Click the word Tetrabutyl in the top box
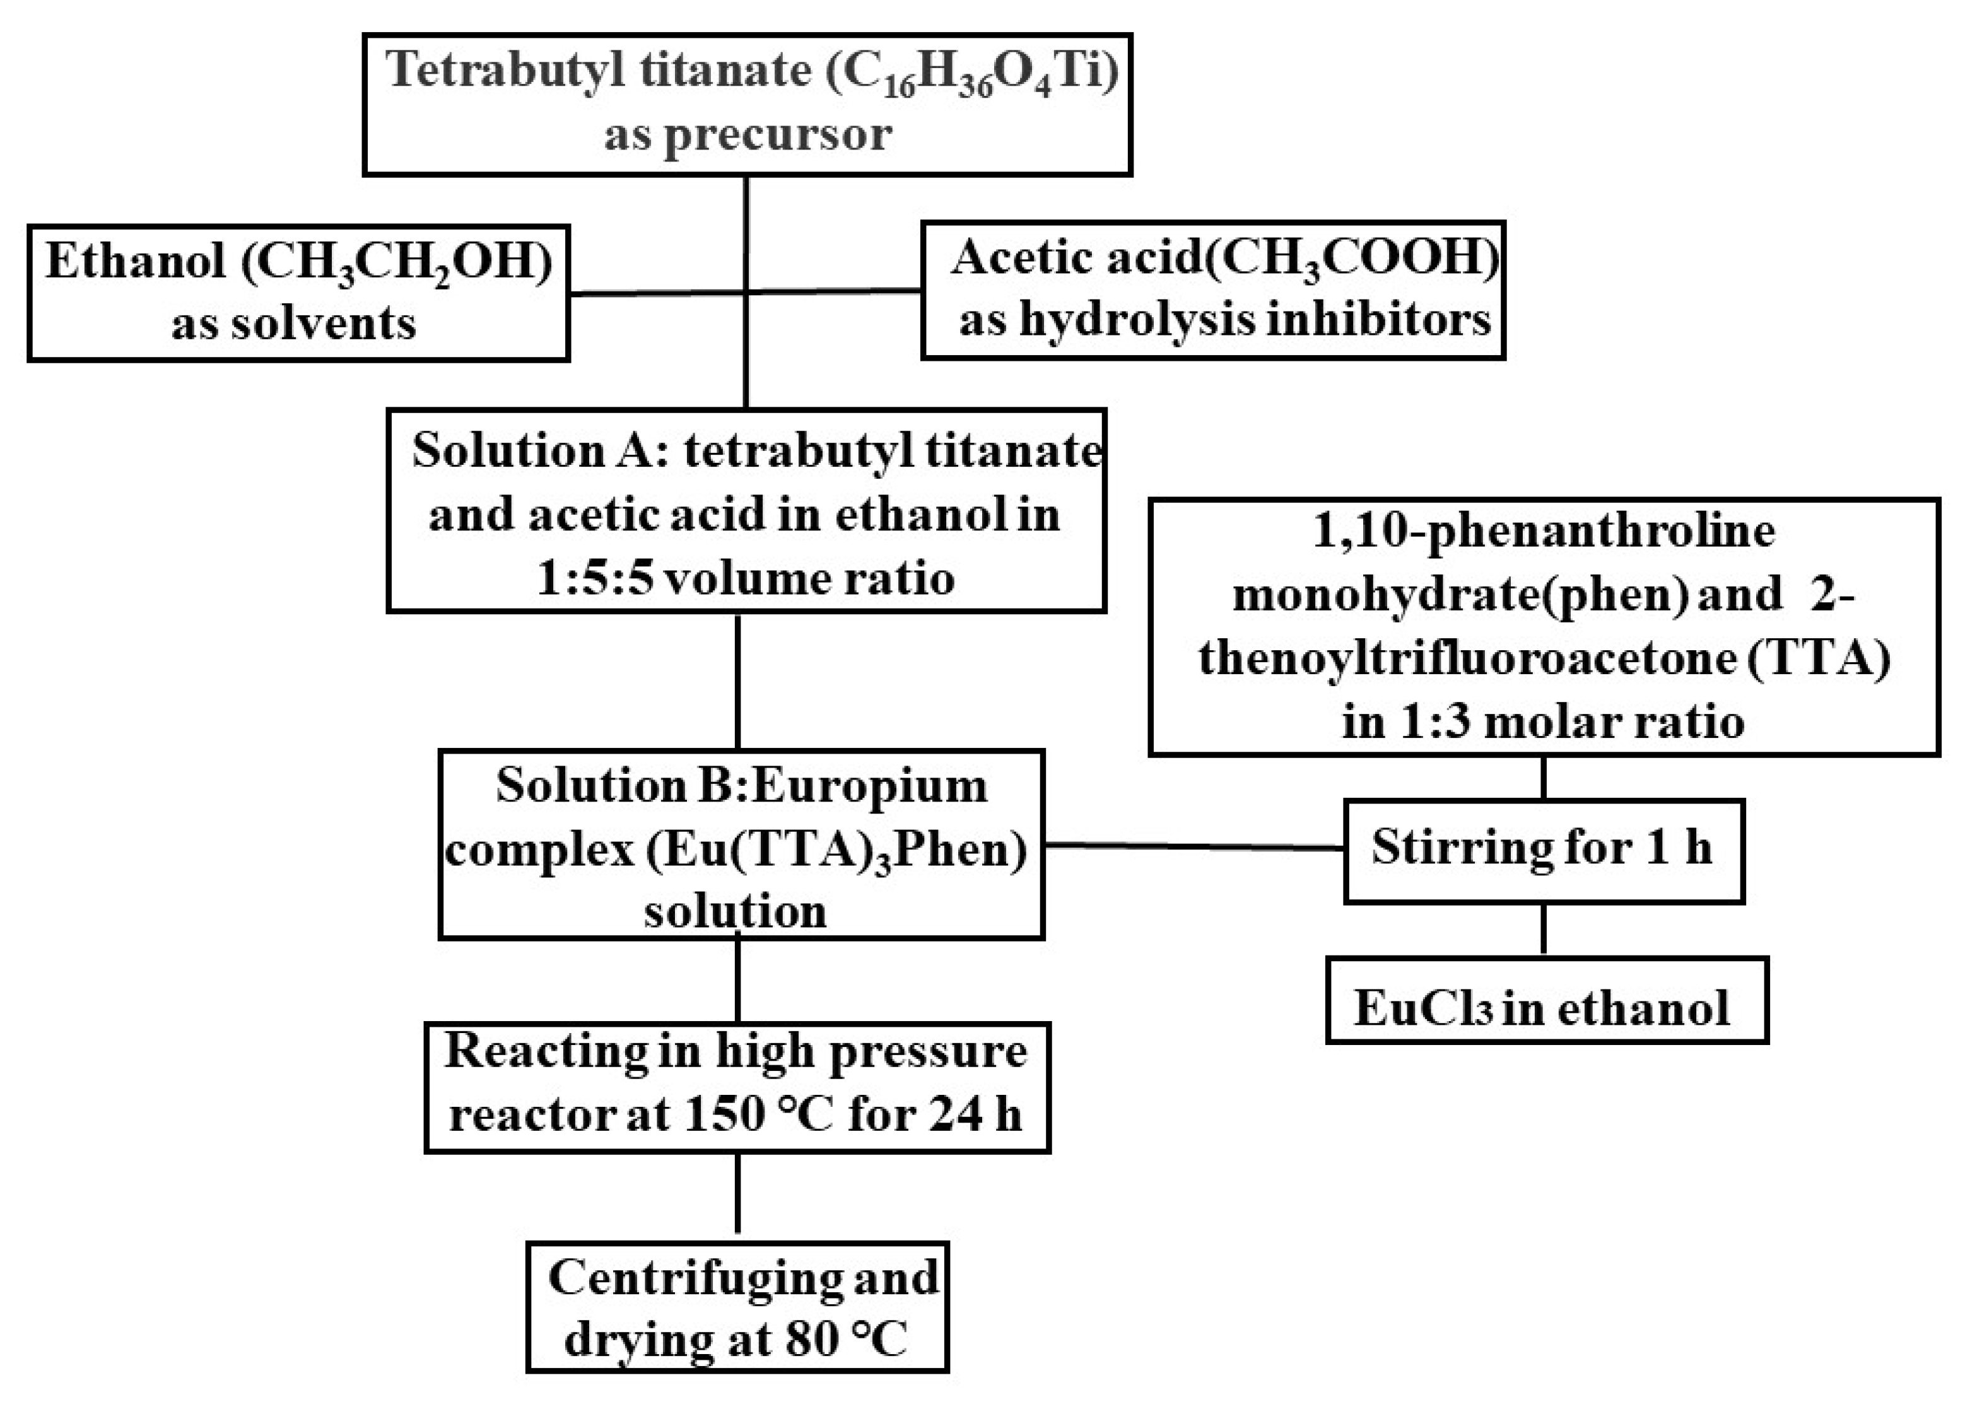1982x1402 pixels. [504, 71]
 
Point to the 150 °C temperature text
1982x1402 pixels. [759, 1114]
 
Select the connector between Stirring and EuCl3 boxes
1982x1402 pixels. [1542, 929]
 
